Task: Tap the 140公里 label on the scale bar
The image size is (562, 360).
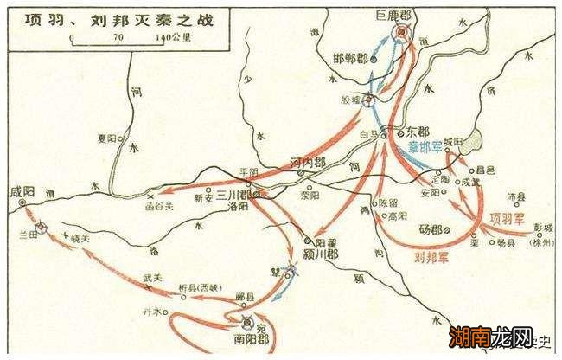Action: coord(172,37)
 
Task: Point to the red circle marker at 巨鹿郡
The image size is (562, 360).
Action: coord(402,33)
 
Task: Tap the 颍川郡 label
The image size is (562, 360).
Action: coord(324,256)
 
